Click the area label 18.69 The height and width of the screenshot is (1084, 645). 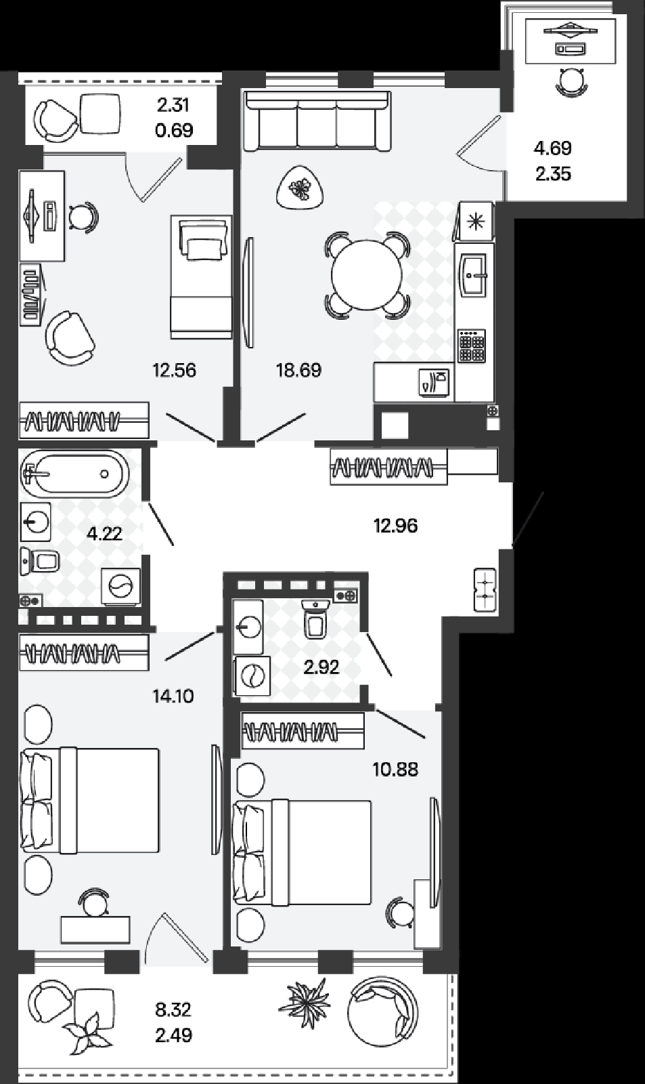(x=298, y=370)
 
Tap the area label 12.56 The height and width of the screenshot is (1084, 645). (x=174, y=370)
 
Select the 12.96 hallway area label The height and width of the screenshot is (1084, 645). (x=395, y=525)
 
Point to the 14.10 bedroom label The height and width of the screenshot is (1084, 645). (x=173, y=696)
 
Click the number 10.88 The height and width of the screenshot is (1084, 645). (x=395, y=769)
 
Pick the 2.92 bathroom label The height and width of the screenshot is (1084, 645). (x=321, y=667)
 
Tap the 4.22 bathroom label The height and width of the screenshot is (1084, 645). (x=104, y=534)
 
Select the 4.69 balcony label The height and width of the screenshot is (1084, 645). (x=553, y=148)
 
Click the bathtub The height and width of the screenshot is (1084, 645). (x=74, y=474)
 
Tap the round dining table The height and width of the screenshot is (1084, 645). (x=367, y=275)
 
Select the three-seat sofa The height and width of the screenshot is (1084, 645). (x=317, y=121)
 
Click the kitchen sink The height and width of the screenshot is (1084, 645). (x=474, y=275)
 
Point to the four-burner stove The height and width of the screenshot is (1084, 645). (x=472, y=346)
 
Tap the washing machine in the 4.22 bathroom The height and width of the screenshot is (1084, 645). (x=121, y=587)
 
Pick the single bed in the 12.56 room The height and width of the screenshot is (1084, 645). (x=201, y=277)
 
